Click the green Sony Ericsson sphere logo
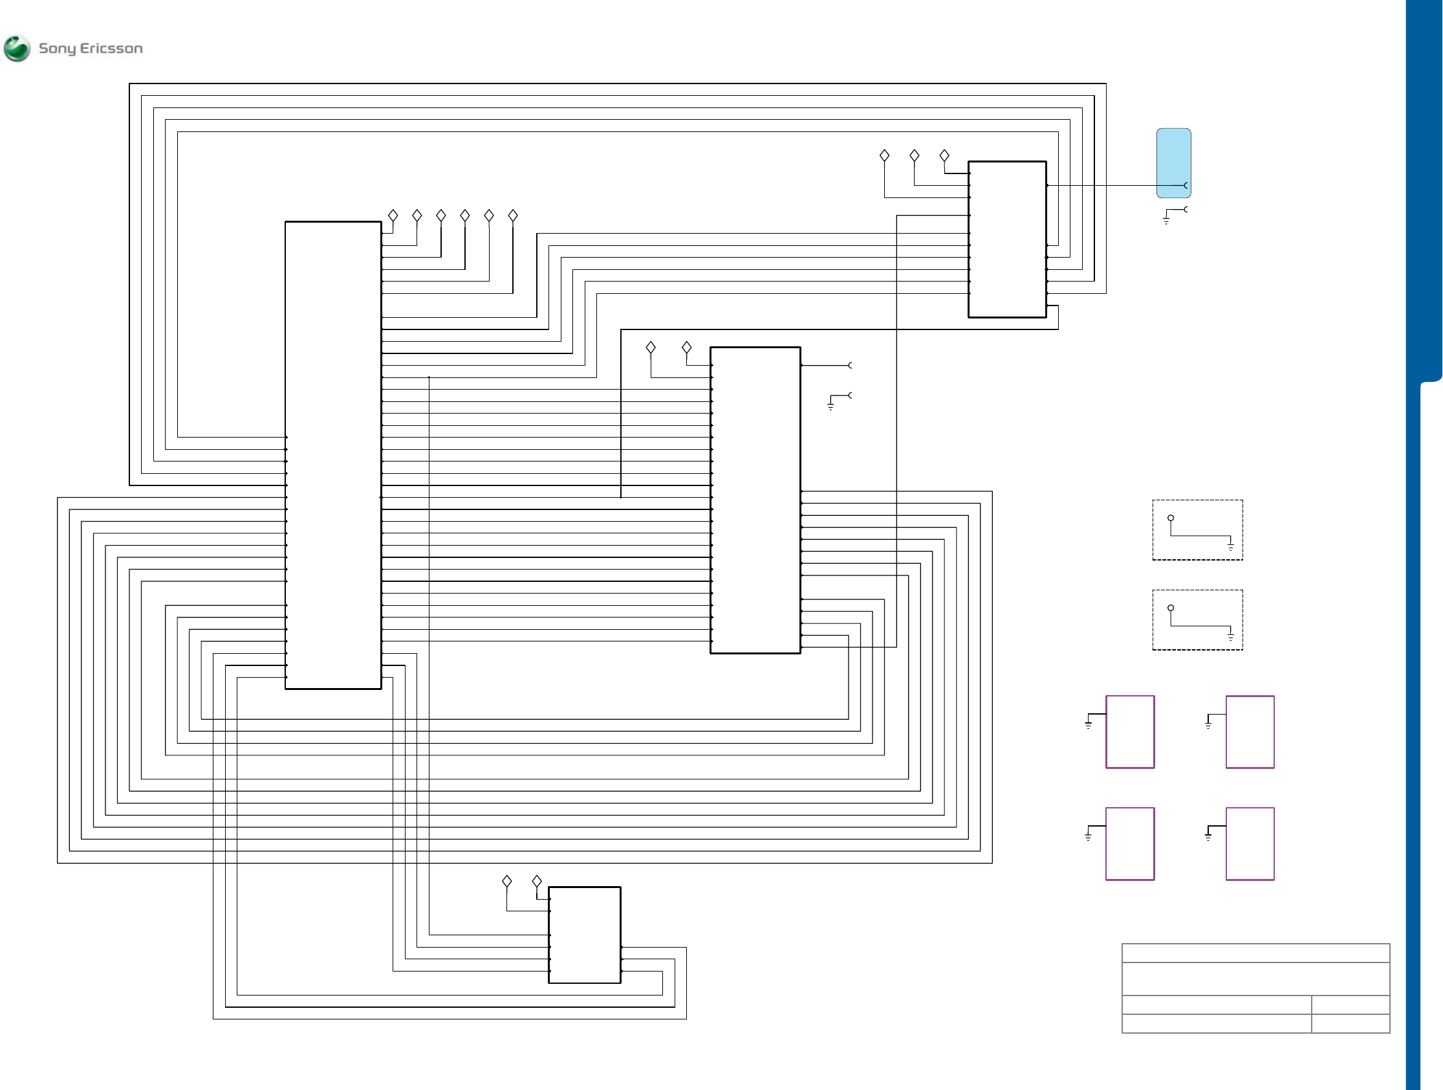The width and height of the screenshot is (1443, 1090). (17, 49)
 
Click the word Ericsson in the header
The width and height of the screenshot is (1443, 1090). (111, 49)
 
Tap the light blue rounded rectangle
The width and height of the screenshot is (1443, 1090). (1173, 162)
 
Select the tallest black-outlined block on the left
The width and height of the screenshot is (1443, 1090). (332, 455)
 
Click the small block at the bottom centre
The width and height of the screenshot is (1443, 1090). (584, 935)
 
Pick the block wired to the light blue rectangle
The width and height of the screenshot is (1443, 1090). (1006, 239)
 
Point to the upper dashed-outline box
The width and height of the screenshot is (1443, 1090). (1197, 530)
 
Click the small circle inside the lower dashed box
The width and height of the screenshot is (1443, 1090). (1170, 608)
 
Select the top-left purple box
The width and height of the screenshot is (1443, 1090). (1130, 731)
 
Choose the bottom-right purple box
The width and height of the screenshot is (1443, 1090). (1250, 844)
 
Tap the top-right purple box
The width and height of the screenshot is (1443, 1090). (1250, 731)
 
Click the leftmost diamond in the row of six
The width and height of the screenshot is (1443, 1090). (393, 216)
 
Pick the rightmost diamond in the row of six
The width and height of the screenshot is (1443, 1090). (513, 216)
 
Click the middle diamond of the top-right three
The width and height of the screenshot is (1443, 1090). (914, 155)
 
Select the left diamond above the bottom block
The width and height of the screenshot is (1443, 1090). (507, 881)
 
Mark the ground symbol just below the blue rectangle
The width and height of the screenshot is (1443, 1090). (1166, 221)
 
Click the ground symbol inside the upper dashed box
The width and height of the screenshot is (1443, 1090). (1230, 546)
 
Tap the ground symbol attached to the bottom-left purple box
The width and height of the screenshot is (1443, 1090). (1088, 836)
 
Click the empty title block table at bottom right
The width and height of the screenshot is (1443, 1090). (1255, 988)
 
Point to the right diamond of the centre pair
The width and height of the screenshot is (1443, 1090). (686, 347)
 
